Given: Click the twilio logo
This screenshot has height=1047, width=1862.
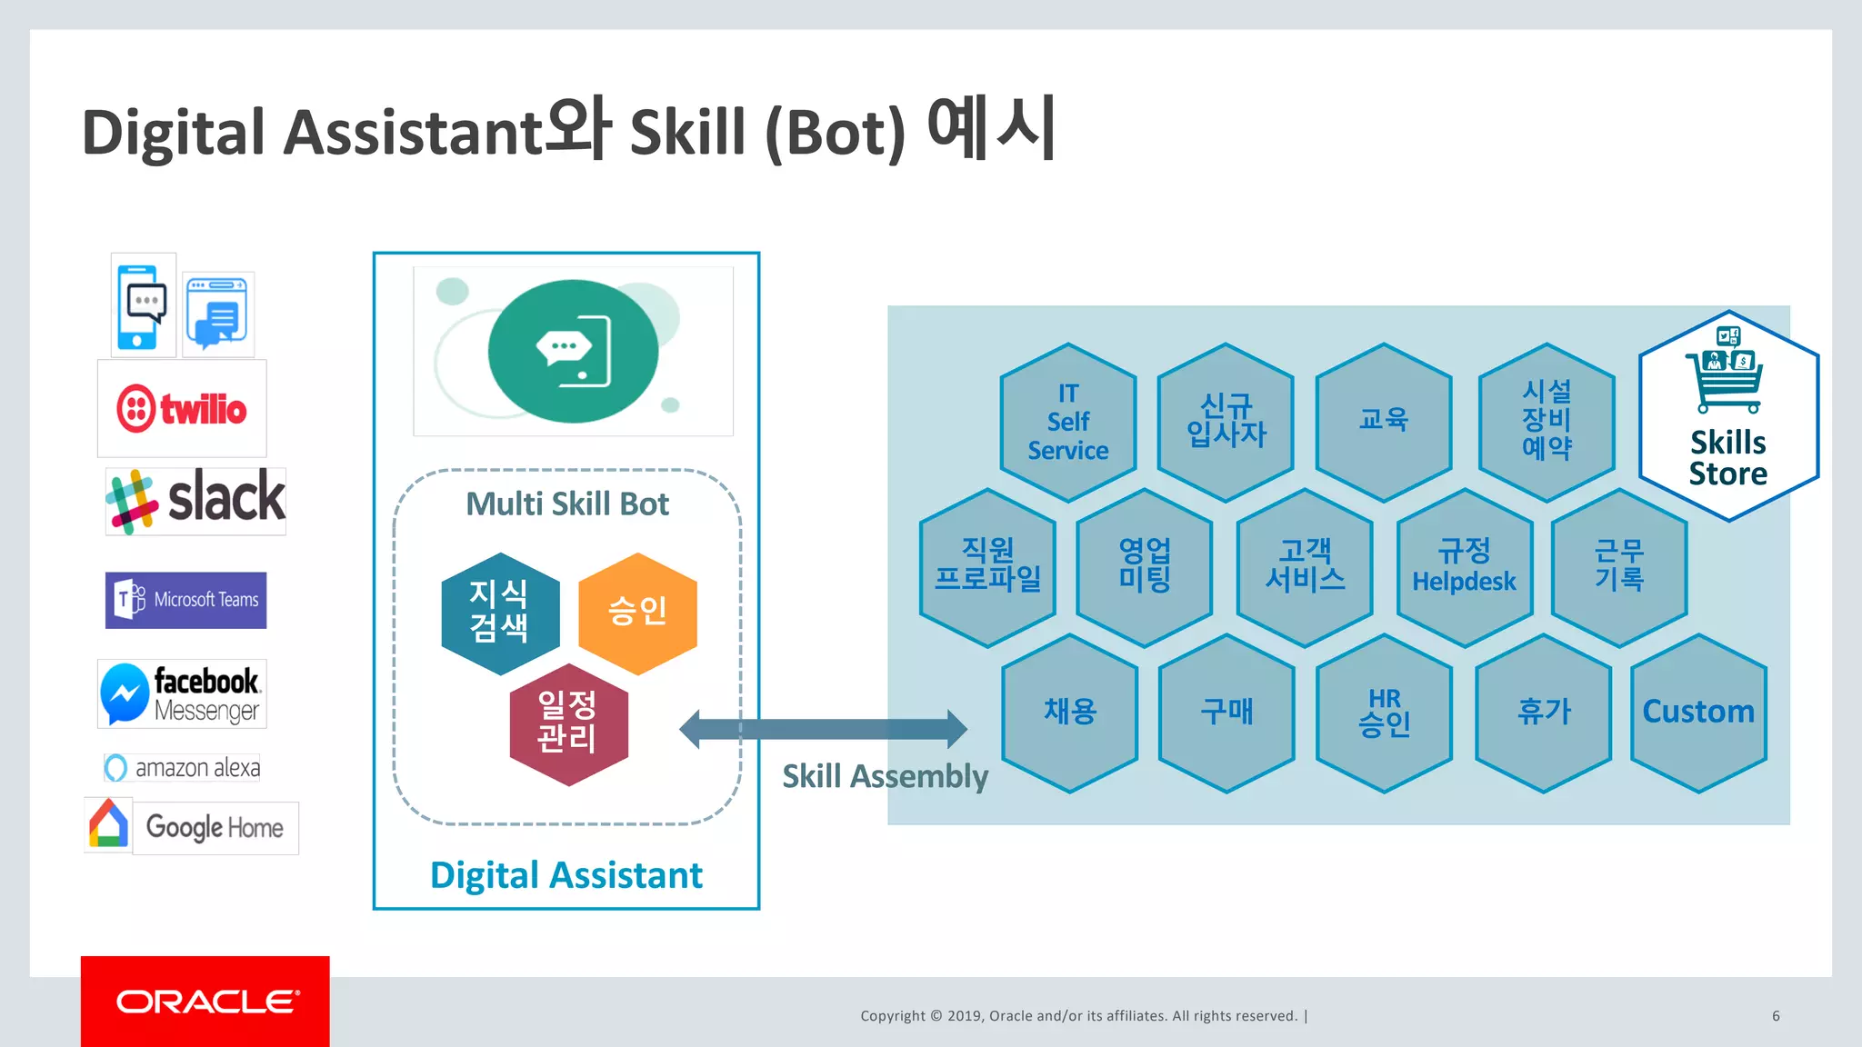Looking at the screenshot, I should coord(182,409).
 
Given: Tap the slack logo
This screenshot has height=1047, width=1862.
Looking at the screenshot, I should coord(195,501).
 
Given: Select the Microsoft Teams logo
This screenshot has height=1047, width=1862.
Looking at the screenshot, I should coord(185,600).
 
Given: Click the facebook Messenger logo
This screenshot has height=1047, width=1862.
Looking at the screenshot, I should coord(182,694).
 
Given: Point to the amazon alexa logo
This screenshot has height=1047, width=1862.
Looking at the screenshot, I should coord(183,768).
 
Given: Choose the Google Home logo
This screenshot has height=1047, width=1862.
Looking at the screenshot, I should coord(192,826).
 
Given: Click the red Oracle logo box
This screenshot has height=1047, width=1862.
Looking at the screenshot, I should coord(205,1001).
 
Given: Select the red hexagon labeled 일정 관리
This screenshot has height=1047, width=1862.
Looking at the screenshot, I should coord(568,724).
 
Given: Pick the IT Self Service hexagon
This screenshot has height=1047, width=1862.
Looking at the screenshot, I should coord(1068,422).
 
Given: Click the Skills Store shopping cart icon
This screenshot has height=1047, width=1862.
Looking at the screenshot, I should coord(1726,374).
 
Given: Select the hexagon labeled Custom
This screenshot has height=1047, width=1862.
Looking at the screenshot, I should coord(1698,713).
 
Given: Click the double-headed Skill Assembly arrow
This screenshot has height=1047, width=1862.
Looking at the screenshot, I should coord(824,729).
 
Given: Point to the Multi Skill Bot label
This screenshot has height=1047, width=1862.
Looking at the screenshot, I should coord(567,504).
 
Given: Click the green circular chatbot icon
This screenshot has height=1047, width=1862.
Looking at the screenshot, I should coord(573,352).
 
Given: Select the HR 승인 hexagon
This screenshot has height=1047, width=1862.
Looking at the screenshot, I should coord(1384,713).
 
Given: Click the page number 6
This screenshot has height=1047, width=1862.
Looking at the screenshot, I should coord(1776,1016).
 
